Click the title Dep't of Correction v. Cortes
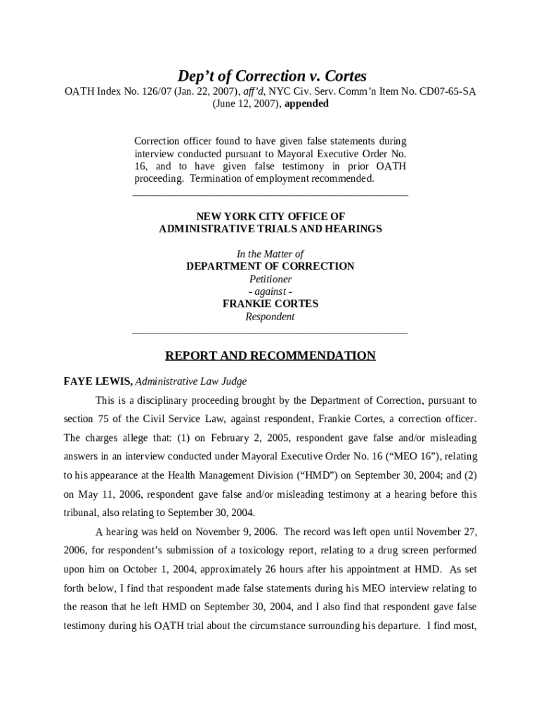(270, 75)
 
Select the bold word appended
(306, 104)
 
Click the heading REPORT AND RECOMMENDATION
(270, 355)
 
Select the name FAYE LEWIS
(96, 381)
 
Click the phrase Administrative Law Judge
(190, 381)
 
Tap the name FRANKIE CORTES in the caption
(270, 304)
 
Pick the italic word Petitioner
(270, 279)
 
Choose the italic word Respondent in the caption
(270, 317)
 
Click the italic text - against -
(270, 291)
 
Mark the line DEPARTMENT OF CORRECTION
(270, 266)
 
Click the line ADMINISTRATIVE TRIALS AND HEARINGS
(270, 229)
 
